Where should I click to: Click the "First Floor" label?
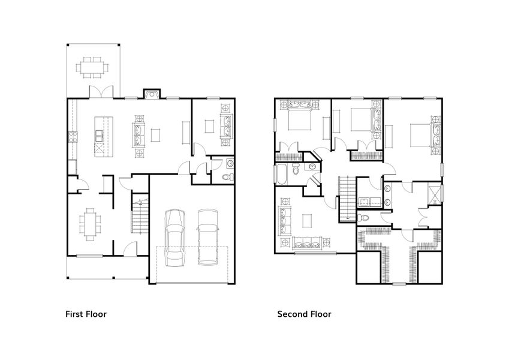pos(86,313)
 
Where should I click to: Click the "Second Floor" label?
pos(303,313)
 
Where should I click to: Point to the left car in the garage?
pos(174,236)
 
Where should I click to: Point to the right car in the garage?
pos(209,236)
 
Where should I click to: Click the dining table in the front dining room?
pos(90,223)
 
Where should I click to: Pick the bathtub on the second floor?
pos(281,173)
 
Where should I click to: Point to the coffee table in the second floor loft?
pos(308,221)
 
